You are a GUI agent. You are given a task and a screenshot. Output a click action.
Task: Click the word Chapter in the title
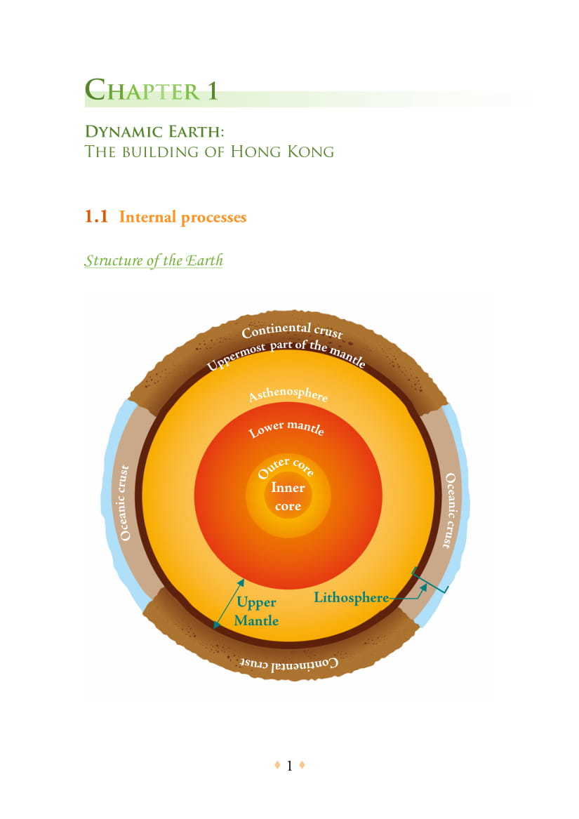coord(140,91)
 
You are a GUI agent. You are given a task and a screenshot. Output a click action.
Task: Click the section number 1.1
coord(96,217)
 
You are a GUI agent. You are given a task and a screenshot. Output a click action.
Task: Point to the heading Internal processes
coord(182,218)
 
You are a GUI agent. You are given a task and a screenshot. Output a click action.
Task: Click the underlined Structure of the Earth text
coord(154,260)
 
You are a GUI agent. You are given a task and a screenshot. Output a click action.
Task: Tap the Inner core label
coord(288,496)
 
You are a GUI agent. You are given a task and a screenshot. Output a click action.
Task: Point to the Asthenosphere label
coord(288,394)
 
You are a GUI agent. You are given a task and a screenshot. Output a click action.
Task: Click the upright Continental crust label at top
coord(291,329)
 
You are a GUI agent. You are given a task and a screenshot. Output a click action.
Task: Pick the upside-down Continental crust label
coord(289,662)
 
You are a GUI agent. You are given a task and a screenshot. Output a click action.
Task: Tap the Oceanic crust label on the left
coord(125,502)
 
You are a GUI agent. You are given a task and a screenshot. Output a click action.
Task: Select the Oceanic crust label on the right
coord(451,510)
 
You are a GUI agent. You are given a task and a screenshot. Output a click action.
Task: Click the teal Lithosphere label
coord(351,598)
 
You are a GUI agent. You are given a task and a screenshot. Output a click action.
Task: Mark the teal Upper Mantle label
coord(256,611)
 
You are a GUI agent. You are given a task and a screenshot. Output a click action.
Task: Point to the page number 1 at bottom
coord(289,766)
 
